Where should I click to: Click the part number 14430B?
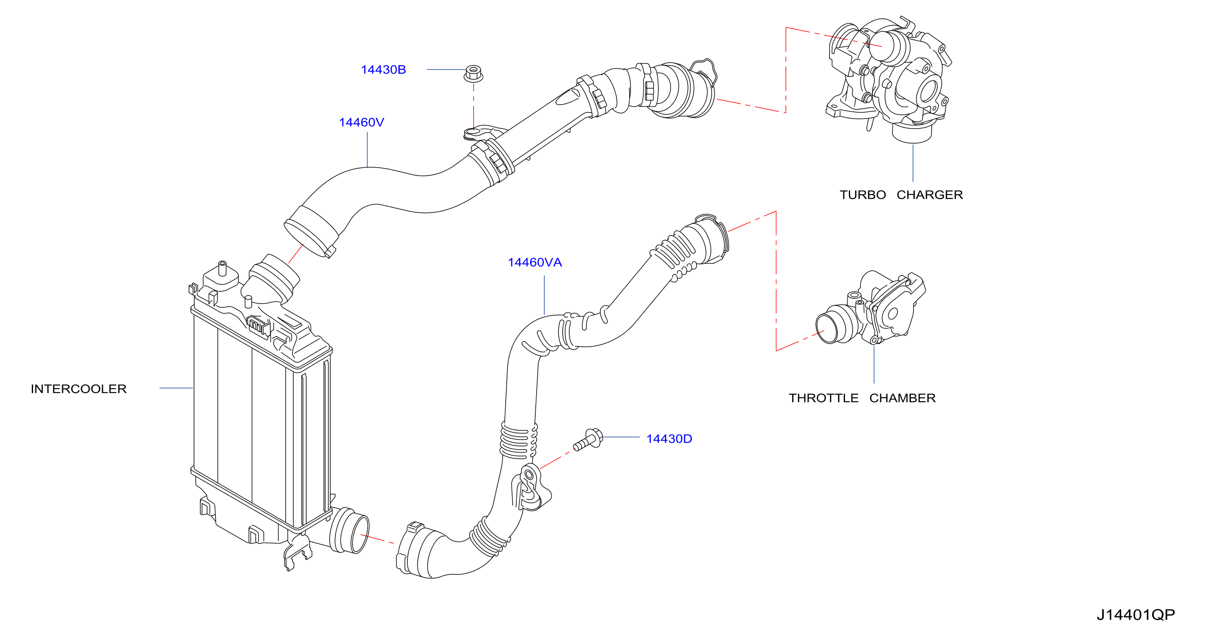(x=383, y=70)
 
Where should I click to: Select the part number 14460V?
(x=362, y=122)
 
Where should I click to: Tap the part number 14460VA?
(x=534, y=262)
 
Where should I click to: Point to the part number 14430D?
(x=669, y=438)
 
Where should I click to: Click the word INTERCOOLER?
(x=79, y=389)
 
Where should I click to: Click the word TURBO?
(x=863, y=195)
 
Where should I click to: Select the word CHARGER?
(x=929, y=195)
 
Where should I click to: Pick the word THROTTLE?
(x=824, y=398)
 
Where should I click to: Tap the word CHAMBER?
(x=902, y=398)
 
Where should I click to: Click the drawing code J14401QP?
(x=1136, y=615)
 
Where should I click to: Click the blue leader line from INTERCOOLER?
(x=176, y=388)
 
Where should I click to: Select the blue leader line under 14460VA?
(x=544, y=295)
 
